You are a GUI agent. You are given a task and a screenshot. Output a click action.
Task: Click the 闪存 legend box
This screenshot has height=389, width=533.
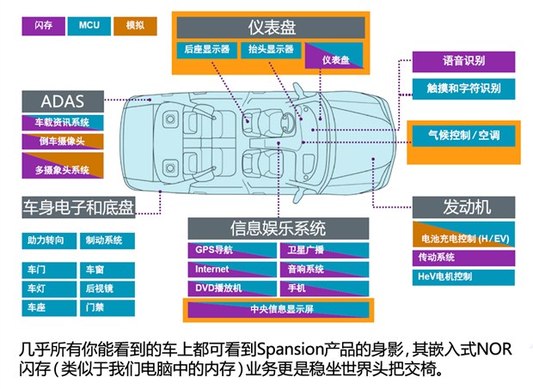coord(42,25)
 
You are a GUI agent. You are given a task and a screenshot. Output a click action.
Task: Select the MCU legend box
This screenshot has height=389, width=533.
coord(89,25)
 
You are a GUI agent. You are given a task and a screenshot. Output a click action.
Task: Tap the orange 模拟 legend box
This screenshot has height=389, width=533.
coord(135,25)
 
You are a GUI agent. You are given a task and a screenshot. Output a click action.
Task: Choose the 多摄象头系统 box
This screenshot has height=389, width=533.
coord(62,170)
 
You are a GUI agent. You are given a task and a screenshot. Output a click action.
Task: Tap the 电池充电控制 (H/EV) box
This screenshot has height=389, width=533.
coord(465,236)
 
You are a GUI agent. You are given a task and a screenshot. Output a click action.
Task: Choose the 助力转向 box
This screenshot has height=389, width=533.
coord(46,240)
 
